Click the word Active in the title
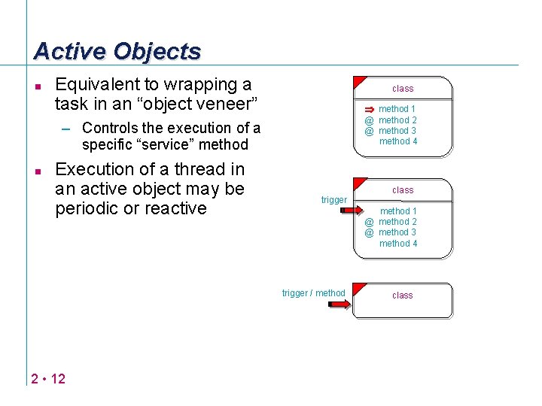click(70, 51)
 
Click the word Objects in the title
click(157, 51)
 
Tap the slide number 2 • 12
click(49, 378)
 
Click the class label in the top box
click(403, 89)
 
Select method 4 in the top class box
click(398, 141)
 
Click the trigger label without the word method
click(333, 200)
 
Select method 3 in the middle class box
click(398, 233)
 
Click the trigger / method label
click(313, 293)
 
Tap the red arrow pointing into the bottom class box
click(340, 304)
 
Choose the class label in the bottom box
click(403, 295)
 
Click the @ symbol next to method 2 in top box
click(370, 120)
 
